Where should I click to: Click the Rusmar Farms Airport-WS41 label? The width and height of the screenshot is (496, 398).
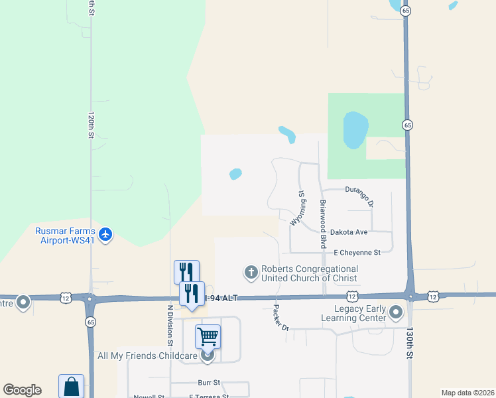pos(64,235)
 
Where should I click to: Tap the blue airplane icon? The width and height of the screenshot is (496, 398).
pos(105,234)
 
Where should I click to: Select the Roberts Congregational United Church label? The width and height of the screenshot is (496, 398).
pos(310,273)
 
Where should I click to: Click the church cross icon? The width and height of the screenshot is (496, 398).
pos(251,272)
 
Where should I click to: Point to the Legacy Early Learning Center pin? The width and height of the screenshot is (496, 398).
pos(397,312)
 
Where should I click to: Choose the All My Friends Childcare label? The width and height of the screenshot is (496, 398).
pos(147,356)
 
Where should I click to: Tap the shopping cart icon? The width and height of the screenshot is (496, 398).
pos(208,337)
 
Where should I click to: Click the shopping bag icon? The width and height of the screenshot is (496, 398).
pos(72,387)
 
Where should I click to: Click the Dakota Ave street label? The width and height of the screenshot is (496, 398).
pos(351,232)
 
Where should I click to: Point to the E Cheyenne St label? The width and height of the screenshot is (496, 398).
pos(357,253)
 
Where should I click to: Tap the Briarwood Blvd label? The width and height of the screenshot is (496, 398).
pos(324,223)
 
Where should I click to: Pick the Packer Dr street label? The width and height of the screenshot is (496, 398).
pos(282,318)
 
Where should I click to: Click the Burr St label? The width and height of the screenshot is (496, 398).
pos(208,383)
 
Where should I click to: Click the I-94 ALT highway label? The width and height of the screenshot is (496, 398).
pos(221,298)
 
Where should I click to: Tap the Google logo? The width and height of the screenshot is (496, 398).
pos(22,390)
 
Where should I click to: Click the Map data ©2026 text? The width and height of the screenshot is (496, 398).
pos(467,393)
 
